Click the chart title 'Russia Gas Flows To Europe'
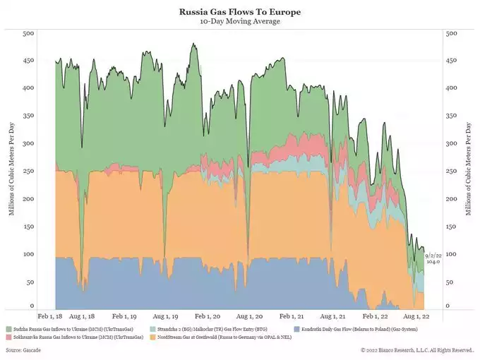240,12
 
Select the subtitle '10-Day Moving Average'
240,21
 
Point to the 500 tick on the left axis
29,34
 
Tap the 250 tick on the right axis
452,171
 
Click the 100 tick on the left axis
29,253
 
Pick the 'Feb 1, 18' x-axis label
51,317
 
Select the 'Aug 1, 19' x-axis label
169,317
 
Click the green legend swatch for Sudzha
9,329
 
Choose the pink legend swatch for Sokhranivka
9,337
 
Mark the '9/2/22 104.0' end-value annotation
433,258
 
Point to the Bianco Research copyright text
416,350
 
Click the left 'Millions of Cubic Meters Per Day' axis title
11,169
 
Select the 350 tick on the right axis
452,116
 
